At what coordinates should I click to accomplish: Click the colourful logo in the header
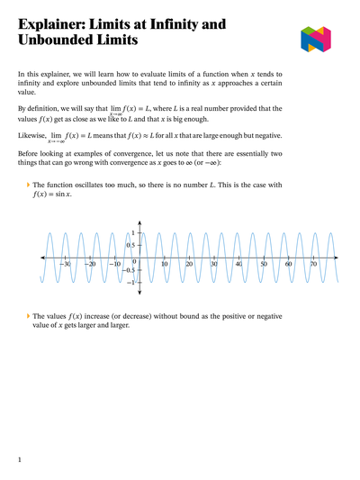[316, 39]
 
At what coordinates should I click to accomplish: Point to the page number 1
[20, 460]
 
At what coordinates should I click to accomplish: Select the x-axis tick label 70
[313, 264]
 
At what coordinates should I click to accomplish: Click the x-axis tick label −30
[66, 264]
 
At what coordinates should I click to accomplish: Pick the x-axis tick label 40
[238, 264]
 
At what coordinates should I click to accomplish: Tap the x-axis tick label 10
[164, 264]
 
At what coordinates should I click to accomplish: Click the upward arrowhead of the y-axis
[139, 222]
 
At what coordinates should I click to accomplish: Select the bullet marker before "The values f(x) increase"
[28, 317]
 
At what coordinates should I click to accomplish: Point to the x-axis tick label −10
[115, 264]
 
